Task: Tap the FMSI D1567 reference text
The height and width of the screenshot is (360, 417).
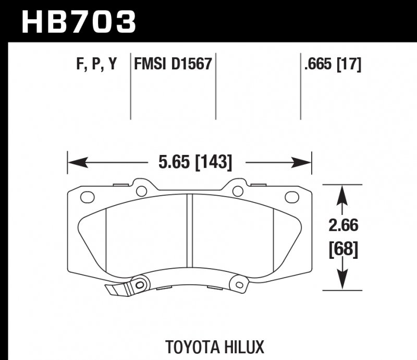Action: pyautogui.click(x=173, y=65)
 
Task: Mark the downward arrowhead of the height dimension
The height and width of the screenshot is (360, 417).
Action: pyautogui.click(x=341, y=281)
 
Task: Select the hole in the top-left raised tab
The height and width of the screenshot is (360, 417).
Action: pyautogui.click(x=141, y=191)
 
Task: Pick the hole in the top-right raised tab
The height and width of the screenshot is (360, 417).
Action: pyautogui.click(x=238, y=191)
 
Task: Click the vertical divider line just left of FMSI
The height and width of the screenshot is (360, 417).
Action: pyautogui.click(x=130, y=86)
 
